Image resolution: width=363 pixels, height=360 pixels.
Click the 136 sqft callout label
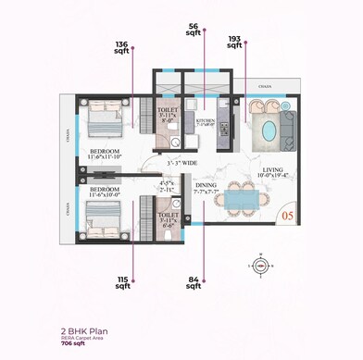[x=122, y=48]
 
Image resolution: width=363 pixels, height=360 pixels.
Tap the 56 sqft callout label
[x=193, y=31]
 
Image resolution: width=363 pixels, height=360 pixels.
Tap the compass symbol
[x=260, y=265]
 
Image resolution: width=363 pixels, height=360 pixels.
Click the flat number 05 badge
[x=287, y=217]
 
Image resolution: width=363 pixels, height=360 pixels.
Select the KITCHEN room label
[x=206, y=121]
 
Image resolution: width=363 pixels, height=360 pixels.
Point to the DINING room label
[x=206, y=186]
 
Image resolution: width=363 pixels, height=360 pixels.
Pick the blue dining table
[x=243, y=197]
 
